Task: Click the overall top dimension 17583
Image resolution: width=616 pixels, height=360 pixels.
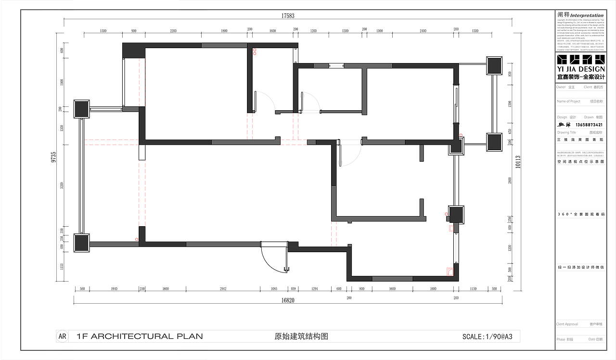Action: coord(288,16)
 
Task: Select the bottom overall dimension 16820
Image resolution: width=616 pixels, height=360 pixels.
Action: coord(288,300)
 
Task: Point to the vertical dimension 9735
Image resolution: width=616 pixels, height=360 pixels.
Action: coord(54,157)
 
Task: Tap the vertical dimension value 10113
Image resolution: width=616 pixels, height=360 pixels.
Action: coord(518,163)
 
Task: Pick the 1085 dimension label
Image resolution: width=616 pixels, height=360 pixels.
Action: coord(274,289)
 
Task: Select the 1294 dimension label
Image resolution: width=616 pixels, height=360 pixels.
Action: coord(315,289)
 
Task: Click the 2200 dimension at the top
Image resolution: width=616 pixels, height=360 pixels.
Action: coord(173,31)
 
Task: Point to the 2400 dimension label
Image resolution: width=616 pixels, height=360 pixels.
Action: coord(423,31)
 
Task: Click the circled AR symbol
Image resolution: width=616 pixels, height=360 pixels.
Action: coord(62,336)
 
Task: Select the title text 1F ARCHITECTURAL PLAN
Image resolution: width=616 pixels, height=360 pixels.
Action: coord(140,336)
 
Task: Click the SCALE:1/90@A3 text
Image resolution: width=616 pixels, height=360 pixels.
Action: coord(490,336)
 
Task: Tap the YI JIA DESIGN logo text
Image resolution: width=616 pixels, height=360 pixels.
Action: coord(581,69)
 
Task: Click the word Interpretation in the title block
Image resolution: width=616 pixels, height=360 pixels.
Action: coord(587,15)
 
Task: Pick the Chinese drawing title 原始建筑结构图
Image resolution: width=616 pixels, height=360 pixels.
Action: coord(301,336)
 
